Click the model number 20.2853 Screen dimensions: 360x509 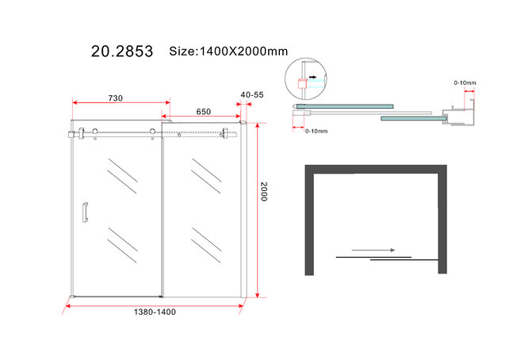(120, 53)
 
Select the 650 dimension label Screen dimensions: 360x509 (204, 113)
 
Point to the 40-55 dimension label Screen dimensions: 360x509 (252, 94)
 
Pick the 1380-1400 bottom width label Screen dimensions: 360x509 (156, 311)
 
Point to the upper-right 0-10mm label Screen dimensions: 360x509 (465, 82)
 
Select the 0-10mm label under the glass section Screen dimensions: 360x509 (316, 132)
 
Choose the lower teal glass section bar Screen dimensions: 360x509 (410, 118)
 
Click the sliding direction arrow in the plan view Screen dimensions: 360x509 (373, 251)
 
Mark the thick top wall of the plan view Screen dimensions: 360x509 (376, 169)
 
